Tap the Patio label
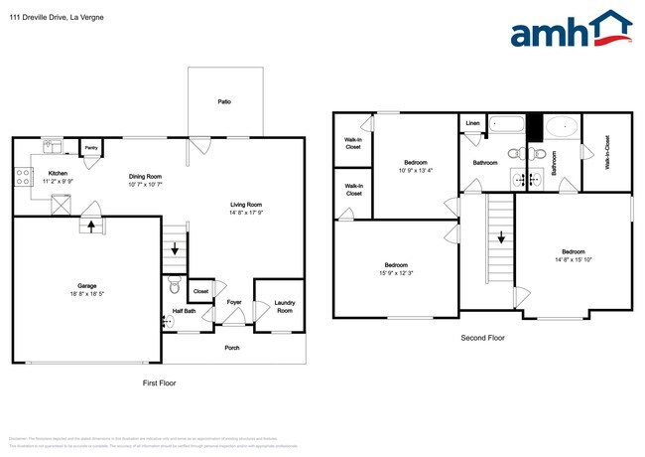(225, 102)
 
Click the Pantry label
(89, 149)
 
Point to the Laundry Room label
(284, 307)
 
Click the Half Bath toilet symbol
(174, 289)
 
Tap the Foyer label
(234, 302)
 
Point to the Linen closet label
(472, 124)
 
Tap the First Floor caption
(159, 382)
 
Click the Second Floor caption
(482, 338)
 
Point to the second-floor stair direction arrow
(500, 238)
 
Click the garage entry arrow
(91, 226)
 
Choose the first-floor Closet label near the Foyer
(201, 291)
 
